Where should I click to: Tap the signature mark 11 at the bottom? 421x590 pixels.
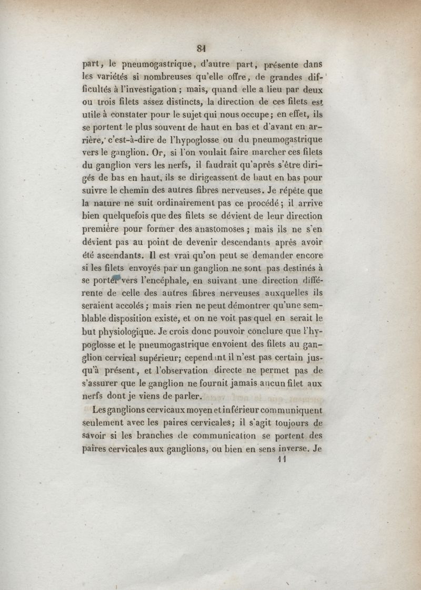(x=280, y=459)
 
